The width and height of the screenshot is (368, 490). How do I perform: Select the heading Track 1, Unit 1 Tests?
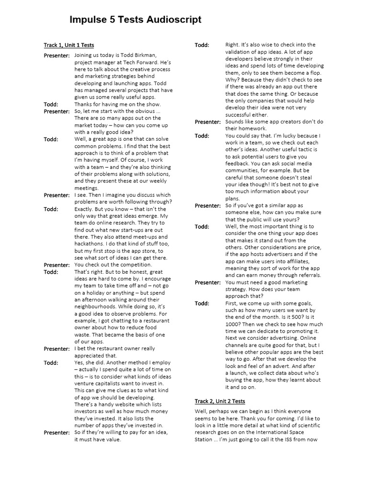tap(69, 45)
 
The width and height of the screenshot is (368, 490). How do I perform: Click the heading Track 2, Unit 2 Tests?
tap(220, 401)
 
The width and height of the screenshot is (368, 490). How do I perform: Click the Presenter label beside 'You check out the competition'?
tap(57, 265)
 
